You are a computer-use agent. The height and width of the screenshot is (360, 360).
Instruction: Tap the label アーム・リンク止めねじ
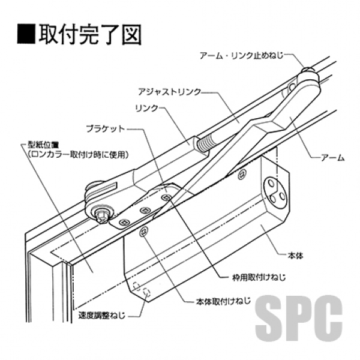243,55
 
